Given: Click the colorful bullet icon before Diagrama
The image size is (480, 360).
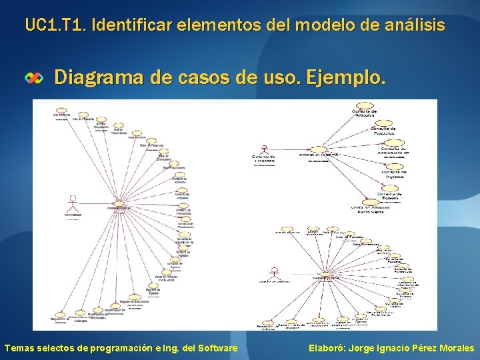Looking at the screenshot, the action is [34, 78].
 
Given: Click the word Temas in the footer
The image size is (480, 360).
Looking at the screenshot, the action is [19, 348].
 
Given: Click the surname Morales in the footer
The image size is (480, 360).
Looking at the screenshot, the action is [457, 348].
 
